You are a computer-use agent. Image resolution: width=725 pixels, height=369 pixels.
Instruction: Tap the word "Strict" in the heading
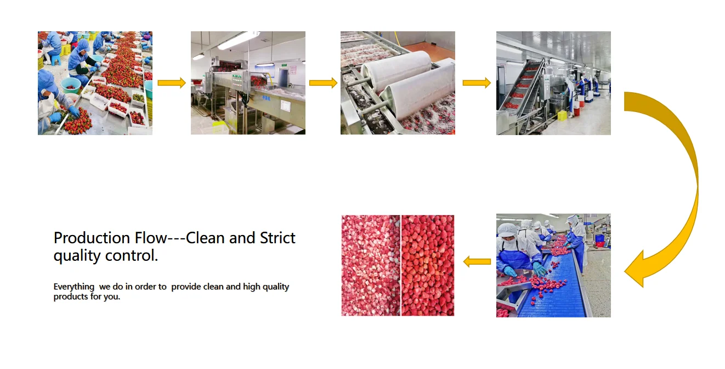[x=277, y=238]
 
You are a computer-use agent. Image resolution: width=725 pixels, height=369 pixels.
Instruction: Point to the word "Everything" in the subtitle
[x=74, y=287]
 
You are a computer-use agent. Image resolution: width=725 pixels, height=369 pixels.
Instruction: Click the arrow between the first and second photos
[x=172, y=83]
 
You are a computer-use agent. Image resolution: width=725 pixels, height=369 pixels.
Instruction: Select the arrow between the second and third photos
[x=323, y=83]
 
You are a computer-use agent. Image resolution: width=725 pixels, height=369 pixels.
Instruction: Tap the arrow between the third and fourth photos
[x=476, y=83]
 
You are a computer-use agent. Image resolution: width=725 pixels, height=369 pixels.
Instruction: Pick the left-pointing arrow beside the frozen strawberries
[x=477, y=262]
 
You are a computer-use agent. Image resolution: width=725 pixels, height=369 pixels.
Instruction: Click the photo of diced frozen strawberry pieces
[x=371, y=265]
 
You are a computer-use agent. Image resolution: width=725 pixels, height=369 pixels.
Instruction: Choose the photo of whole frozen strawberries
[x=428, y=265]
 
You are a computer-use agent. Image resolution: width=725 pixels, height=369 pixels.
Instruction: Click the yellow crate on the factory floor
[x=562, y=115]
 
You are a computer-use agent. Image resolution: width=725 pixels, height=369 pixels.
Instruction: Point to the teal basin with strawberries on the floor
[x=70, y=85]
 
